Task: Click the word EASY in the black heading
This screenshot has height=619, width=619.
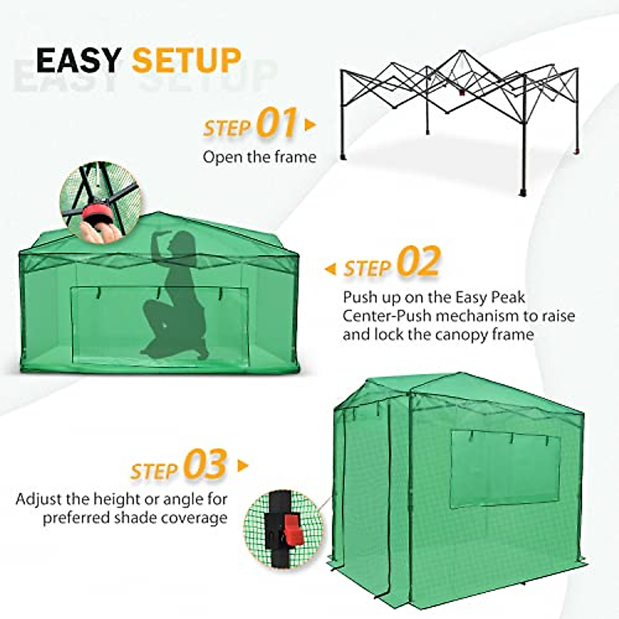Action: coord(78,60)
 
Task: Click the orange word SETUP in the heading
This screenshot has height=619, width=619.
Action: coord(186,60)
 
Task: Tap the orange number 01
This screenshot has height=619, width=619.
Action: coord(277,123)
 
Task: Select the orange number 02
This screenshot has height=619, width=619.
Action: coord(419,263)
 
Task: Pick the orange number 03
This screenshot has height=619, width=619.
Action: coord(205,465)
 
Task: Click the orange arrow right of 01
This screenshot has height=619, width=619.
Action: coord(310,125)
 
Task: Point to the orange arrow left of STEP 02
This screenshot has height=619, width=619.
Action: coord(330,269)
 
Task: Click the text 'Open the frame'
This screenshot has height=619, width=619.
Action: coord(259,157)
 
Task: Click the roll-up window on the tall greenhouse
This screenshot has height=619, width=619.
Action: coord(504,468)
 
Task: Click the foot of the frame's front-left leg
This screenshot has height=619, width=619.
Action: coord(343,156)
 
